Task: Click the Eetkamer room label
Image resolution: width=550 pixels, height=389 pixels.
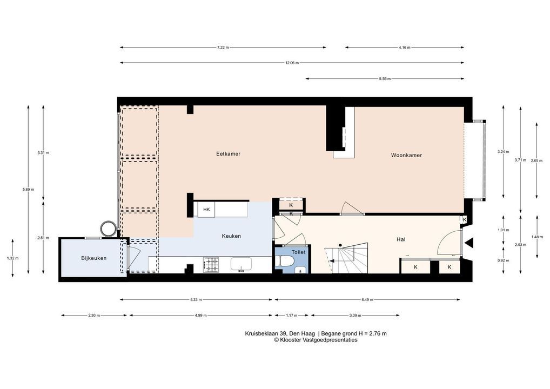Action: click(x=228, y=153)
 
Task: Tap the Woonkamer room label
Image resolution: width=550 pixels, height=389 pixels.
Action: click(x=406, y=155)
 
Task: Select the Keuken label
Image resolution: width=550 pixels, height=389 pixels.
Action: click(x=231, y=236)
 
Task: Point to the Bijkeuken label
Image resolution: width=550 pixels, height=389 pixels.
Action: click(x=93, y=258)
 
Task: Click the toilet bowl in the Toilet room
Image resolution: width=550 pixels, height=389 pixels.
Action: click(x=285, y=261)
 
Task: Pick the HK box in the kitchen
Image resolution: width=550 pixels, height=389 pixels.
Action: click(x=206, y=210)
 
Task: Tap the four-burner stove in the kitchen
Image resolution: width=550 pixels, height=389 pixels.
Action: click(x=211, y=265)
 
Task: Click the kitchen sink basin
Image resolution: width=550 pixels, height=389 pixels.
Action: click(x=241, y=264)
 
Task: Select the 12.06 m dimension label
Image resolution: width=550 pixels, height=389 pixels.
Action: click(x=292, y=63)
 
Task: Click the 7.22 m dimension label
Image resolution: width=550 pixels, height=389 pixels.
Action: click(x=223, y=48)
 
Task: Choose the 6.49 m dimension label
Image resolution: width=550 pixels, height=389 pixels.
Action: click(x=367, y=299)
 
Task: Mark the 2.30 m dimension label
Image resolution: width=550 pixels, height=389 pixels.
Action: click(x=94, y=316)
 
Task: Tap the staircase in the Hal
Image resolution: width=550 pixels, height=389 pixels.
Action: click(x=346, y=258)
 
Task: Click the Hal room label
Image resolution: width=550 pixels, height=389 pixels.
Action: click(x=400, y=239)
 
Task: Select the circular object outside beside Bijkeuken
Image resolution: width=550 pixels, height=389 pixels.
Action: click(x=109, y=229)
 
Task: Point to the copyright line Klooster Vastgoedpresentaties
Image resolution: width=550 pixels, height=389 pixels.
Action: click(x=316, y=339)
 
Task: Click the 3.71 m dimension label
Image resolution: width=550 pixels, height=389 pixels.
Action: click(x=520, y=160)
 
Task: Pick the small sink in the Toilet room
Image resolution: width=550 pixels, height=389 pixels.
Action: click(x=300, y=270)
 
